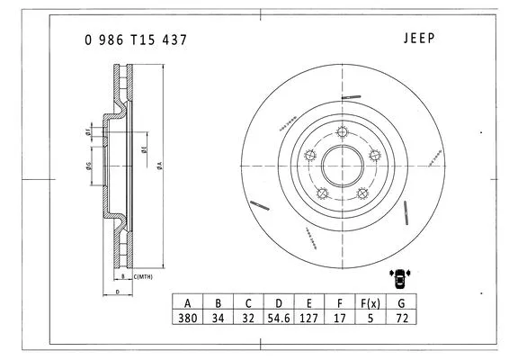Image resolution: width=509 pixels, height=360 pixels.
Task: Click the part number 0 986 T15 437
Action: (x=136, y=40)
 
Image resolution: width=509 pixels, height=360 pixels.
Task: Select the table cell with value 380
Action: (x=187, y=319)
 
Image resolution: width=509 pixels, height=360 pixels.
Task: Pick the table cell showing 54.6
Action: (x=279, y=319)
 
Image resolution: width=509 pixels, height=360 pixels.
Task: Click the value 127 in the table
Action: (x=309, y=319)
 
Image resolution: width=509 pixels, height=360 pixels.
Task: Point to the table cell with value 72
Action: (x=400, y=319)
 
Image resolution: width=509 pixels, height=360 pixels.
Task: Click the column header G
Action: (x=400, y=302)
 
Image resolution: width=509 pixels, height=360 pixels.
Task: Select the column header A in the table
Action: (x=187, y=302)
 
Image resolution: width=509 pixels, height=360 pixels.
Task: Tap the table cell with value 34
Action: (x=218, y=319)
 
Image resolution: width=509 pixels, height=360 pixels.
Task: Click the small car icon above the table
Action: (x=398, y=276)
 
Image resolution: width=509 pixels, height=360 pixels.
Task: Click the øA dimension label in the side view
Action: (x=158, y=165)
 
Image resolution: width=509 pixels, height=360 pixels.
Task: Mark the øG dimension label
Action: (x=88, y=165)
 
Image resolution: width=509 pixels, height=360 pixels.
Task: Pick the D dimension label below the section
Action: (x=118, y=292)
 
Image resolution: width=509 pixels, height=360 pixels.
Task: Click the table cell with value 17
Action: (x=339, y=319)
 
